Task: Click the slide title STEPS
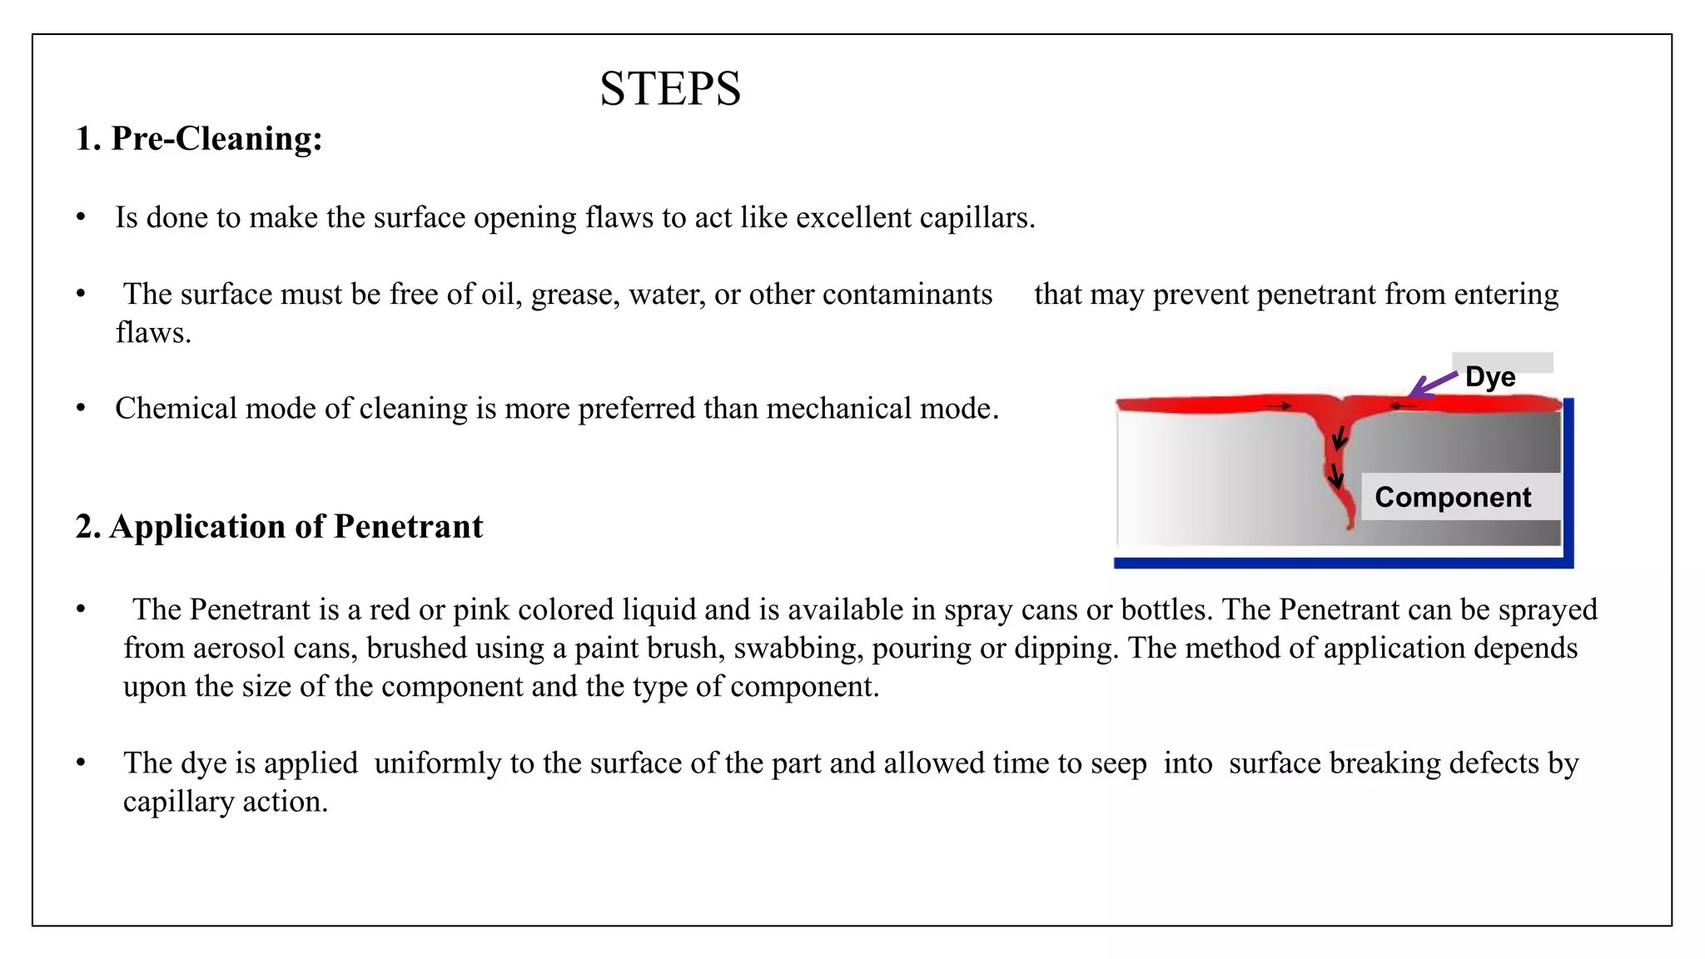coord(670,88)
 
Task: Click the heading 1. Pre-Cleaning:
coord(198,138)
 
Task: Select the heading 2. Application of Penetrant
coord(279,526)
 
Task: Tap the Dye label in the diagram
coord(1490,376)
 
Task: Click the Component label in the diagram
coord(1453,497)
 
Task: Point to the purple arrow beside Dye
coord(1432,385)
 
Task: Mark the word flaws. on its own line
coord(153,333)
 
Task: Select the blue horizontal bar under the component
coord(1342,564)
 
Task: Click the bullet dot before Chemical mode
coord(81,409)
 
